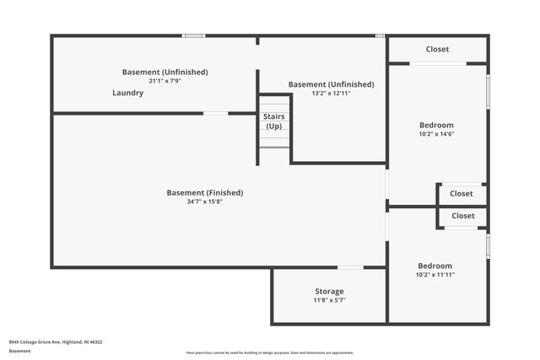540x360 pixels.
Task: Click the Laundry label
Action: [x=127, y=93]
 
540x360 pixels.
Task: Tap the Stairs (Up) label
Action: [x=273, y=121]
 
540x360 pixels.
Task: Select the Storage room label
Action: [x=329, y=292]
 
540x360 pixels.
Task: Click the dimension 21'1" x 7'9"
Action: [x=165, y=81]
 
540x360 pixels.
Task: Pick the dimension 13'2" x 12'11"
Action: [x=331, y=93]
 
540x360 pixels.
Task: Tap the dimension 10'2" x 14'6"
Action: [x=436, y=134]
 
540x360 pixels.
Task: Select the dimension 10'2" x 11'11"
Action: [x=435, y=274]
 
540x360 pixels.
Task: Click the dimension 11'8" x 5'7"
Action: [x=329, y=300]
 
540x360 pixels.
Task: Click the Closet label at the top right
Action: [x=437, y=49]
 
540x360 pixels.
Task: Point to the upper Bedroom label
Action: [x=436, y=126]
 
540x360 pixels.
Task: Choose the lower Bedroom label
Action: [x=435, y=266]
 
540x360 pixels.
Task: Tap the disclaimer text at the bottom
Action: [x=270, y=352]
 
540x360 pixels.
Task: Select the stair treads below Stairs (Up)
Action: [x=274, y=141]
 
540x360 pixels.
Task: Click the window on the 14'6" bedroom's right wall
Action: [x=488, y=91]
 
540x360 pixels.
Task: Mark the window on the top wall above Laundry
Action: [x=194, y=35]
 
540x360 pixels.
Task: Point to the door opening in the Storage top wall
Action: [x=351, y=268]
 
